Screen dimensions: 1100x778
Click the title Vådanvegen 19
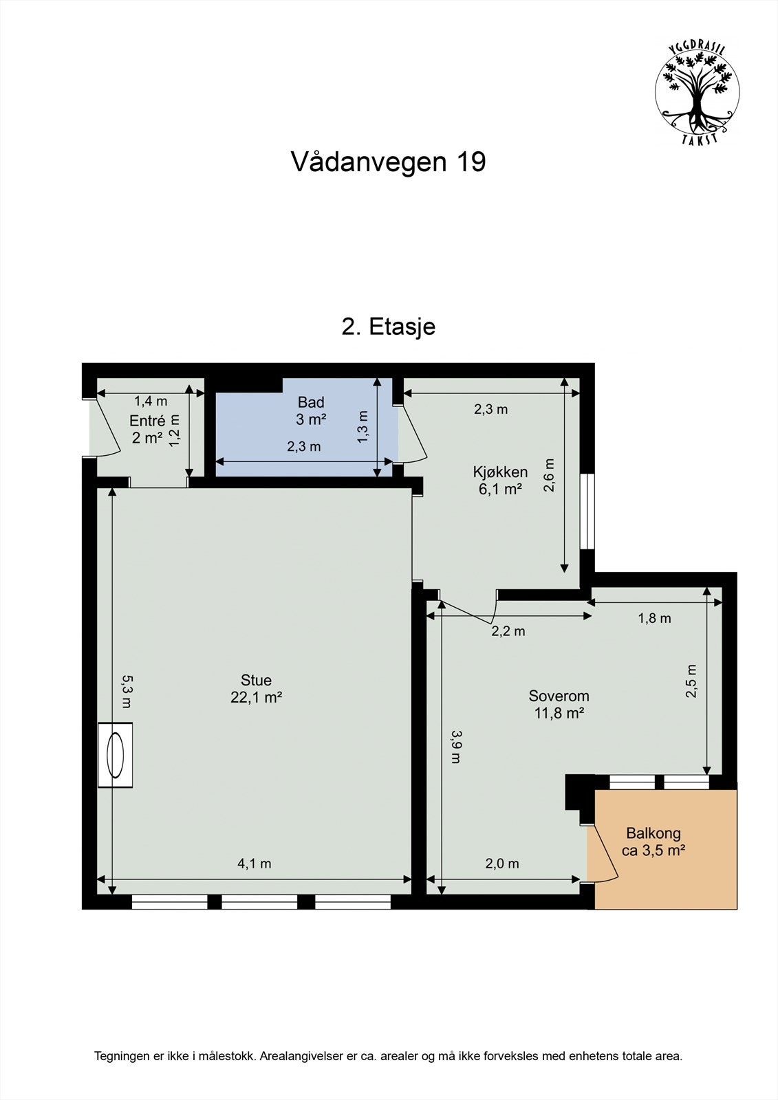point(388,162)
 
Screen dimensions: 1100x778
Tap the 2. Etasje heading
point(388,326)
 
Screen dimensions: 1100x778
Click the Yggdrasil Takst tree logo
point(697,91)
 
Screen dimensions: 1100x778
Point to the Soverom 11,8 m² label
point(559,704)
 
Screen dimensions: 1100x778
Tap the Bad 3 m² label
point(310,410)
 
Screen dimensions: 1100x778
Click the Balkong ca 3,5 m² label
point(653,841)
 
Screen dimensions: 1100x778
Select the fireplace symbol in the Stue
point(115,754)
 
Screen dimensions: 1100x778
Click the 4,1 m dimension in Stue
point(255,863)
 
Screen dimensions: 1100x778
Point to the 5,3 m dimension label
point(127,690)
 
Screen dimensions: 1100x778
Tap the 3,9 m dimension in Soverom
point(455,747)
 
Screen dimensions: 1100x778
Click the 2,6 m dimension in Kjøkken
point(549,476)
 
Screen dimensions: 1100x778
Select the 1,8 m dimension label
point(654,618)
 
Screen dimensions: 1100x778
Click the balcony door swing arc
point(605,852)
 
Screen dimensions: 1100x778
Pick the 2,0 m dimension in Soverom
point(502,863)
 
